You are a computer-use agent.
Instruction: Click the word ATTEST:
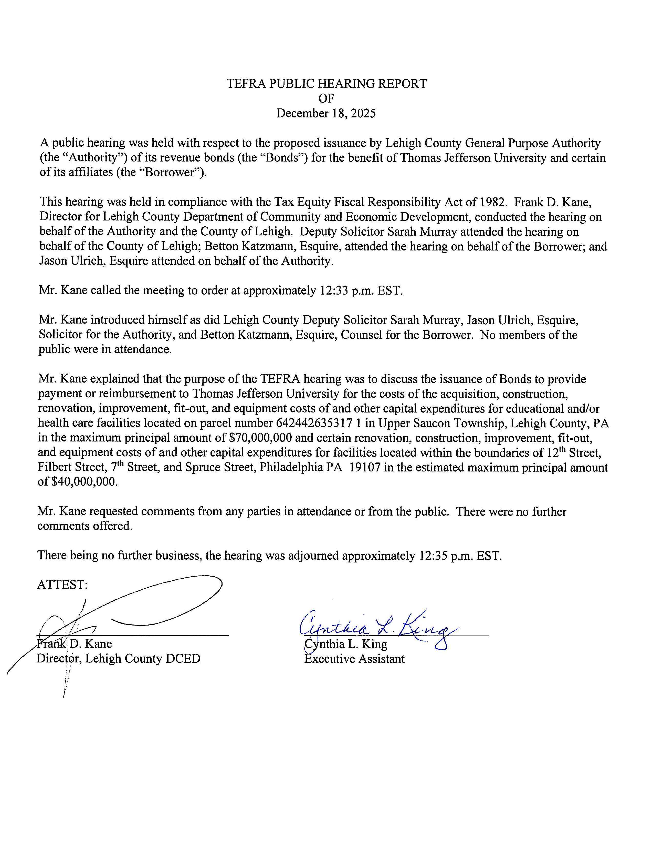62,585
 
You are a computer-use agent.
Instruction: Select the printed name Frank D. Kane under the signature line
74,644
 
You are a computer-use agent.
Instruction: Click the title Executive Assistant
354,659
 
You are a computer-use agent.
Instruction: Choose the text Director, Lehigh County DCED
118,659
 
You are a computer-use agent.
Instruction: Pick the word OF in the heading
326,98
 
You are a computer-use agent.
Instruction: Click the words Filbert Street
70,468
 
